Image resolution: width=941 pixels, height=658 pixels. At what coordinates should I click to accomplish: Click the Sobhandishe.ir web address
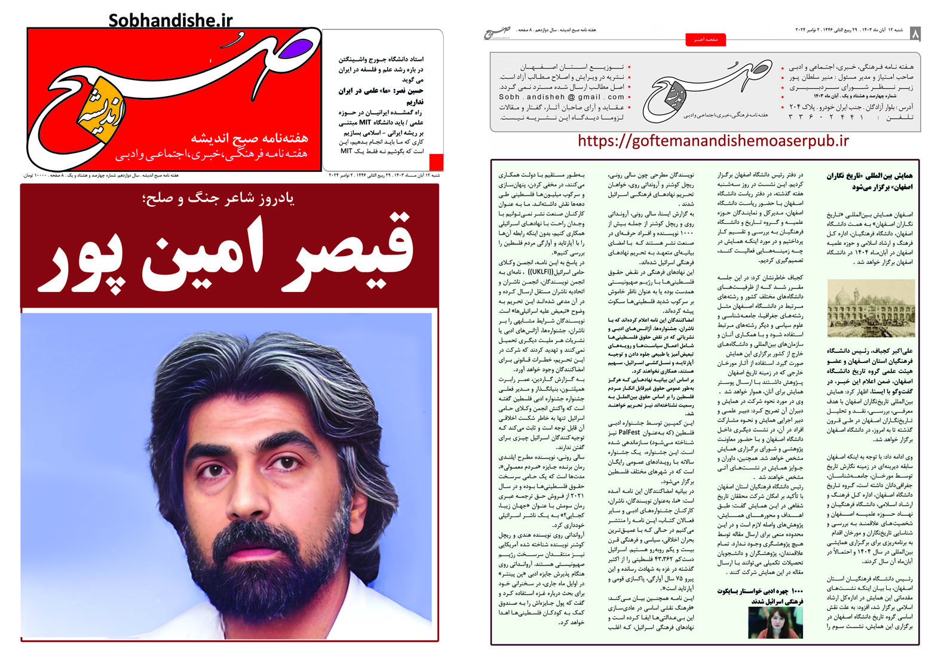tap(170, 20)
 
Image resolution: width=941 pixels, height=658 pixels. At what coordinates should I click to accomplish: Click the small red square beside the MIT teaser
tap(436, 162)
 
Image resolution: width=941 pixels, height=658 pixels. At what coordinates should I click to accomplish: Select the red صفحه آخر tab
tap(705, 39)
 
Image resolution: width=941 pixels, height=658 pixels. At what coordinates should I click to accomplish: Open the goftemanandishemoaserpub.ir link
tap(713, 142)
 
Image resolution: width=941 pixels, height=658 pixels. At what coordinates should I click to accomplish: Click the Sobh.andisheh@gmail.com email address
tap(562, 97)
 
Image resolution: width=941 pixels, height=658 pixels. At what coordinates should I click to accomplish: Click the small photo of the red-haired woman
tap(776, 622)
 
